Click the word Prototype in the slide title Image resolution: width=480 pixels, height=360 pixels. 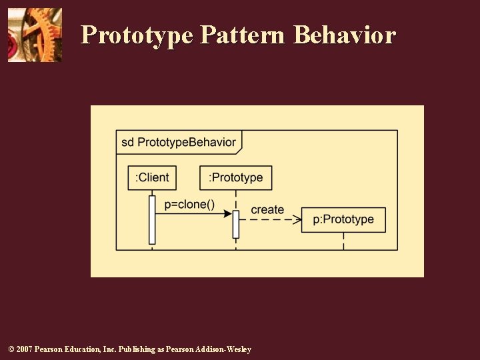pyautogui.click(x=137, y=35)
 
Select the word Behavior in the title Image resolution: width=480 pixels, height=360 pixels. pyautogui.click(x=345, y=35)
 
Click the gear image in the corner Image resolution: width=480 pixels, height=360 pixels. pyautogui.click(x=35, y=35)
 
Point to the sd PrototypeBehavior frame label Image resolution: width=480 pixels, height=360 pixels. pyautogui.click(x=178, y=142)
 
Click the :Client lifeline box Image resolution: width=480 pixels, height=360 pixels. pyautogui.click(x=152, y=177)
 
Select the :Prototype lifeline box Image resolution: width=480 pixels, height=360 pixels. pyautogui.click(x=236, y=177)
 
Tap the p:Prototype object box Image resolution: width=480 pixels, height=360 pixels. pyautogui.click(x=343, y=219)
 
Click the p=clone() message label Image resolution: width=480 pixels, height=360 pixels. pyautogui.click(x=189, y=204)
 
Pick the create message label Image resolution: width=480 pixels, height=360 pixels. pyautogui.click(x=267, y=209)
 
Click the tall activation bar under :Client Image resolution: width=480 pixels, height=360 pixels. pyautogui.click(x=152, y=219)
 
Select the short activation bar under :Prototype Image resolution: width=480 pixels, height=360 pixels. pyautogui.click(x=235, y=224)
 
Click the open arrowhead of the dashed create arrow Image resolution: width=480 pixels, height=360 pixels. pyautogui.click(x=297, y=219)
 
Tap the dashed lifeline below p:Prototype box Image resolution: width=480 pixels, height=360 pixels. pyautogui.click(x=343, y=241)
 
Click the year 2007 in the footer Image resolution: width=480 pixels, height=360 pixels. pyautogui.click(x=24, y=350)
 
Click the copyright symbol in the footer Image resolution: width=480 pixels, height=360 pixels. pyautogui.click(x=11, y=350)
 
